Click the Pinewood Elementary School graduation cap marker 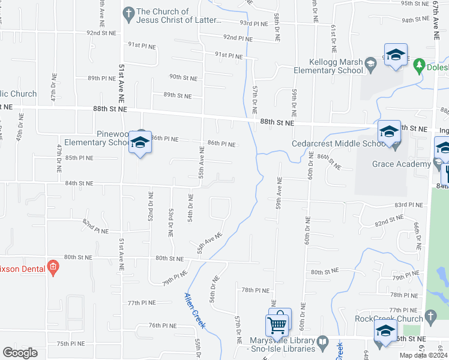[140, 143]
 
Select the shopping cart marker [277, 324]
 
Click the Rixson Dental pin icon [53, 267]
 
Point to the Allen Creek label [195, 310]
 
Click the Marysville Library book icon [322, 342]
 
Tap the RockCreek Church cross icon [429, 316]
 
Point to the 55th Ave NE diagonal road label [209, 243]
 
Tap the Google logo [20, 353]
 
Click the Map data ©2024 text [423, 355]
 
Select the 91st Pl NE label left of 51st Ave [142, 45]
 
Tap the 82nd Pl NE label [95, 227]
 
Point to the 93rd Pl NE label [253, 23]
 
